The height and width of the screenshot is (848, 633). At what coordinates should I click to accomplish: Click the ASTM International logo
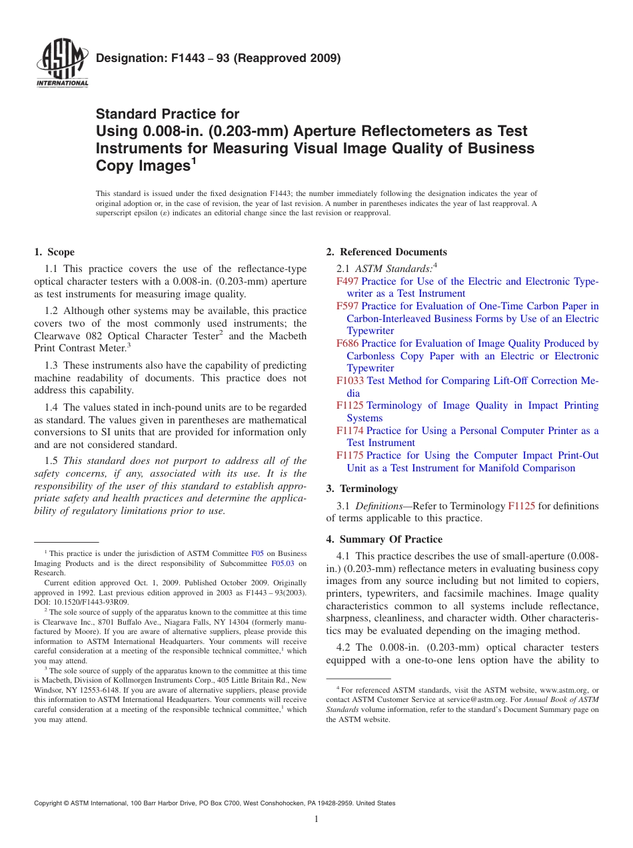click(61, 64)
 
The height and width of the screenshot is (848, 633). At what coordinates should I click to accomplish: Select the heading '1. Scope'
click(54, 252)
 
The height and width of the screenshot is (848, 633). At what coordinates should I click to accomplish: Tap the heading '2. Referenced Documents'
click(386, 252)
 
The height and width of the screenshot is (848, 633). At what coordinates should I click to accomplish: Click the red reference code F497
click(347, 281)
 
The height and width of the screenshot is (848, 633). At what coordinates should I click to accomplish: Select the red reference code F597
click(347, 306)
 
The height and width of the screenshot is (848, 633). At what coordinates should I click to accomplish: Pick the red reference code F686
click(347, 343)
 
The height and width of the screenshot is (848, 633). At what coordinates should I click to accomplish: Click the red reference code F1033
click(350, 381)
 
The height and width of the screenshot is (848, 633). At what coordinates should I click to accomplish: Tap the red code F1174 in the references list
click(350, 431)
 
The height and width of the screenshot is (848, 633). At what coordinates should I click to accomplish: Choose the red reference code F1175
click(350, 455)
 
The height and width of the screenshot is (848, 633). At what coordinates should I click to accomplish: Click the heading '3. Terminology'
click(362, 489)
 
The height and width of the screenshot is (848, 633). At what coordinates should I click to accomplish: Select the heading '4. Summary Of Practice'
click(384, 539)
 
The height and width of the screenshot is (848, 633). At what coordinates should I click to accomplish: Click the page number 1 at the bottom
click(316, 819)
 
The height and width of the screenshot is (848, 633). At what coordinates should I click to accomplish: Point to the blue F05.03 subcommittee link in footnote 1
click(283, 563)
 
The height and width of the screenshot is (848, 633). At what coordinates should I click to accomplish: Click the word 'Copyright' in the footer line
click(49, 803)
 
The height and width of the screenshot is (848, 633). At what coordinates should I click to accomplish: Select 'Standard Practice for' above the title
click(167, 114)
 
